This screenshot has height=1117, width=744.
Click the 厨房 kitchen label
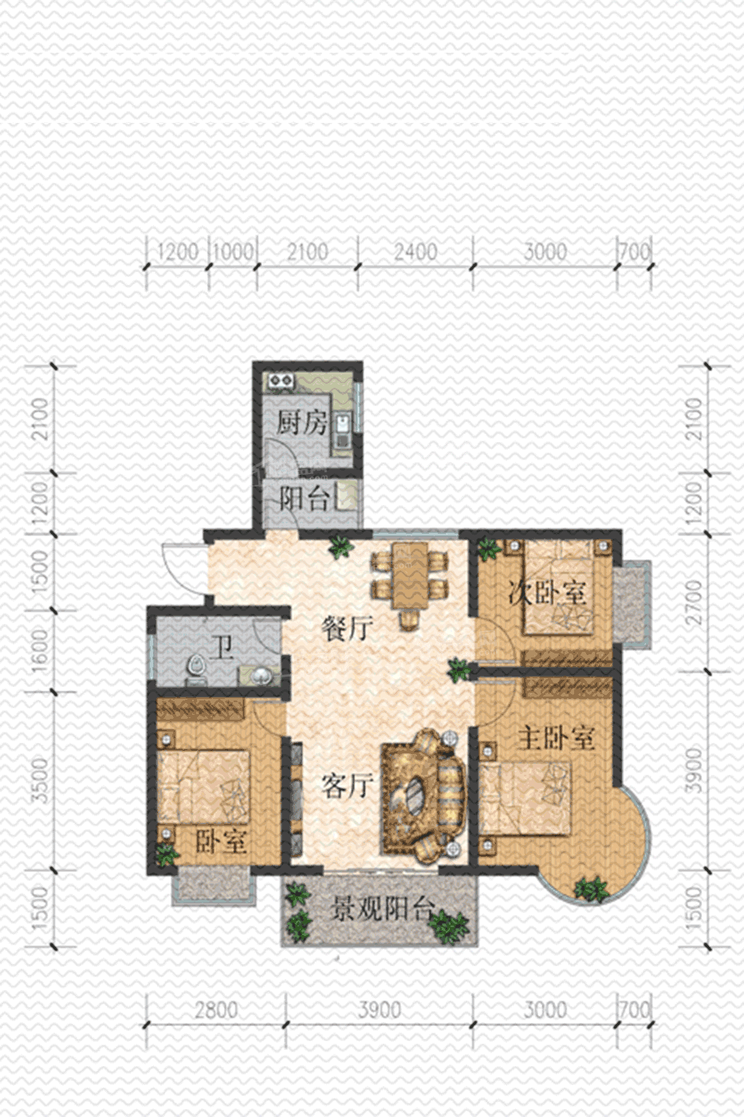click(x=301, y=423)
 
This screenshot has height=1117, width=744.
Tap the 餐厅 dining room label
click(x=347, y=628)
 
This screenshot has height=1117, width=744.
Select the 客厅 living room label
click(x=347, y=787)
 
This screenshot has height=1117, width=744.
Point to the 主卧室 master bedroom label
click(x=556, y=737)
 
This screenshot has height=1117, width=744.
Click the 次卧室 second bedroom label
click(x=547, y=593)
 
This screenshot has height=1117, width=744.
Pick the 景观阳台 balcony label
click(x=381, y=908)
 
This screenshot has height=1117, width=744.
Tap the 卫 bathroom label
click(x=221, y=649)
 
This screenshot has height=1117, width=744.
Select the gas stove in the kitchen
click(x=280, y=381)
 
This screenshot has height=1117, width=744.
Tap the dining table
click(x=409, y=576)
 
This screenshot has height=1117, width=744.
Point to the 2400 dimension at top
click(x=415, y=251)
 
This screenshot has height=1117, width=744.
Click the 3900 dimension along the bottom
click(x=380, y=1010)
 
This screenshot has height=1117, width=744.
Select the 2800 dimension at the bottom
click(x=216, y=1010)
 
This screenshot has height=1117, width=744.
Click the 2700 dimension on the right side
click(x=693, y=602)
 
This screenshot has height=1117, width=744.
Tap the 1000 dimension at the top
click(x=233, y=251)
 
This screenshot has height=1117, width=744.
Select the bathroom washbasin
click(x=260, y=677)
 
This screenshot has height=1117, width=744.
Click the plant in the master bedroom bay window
click(x=591, y=888)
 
